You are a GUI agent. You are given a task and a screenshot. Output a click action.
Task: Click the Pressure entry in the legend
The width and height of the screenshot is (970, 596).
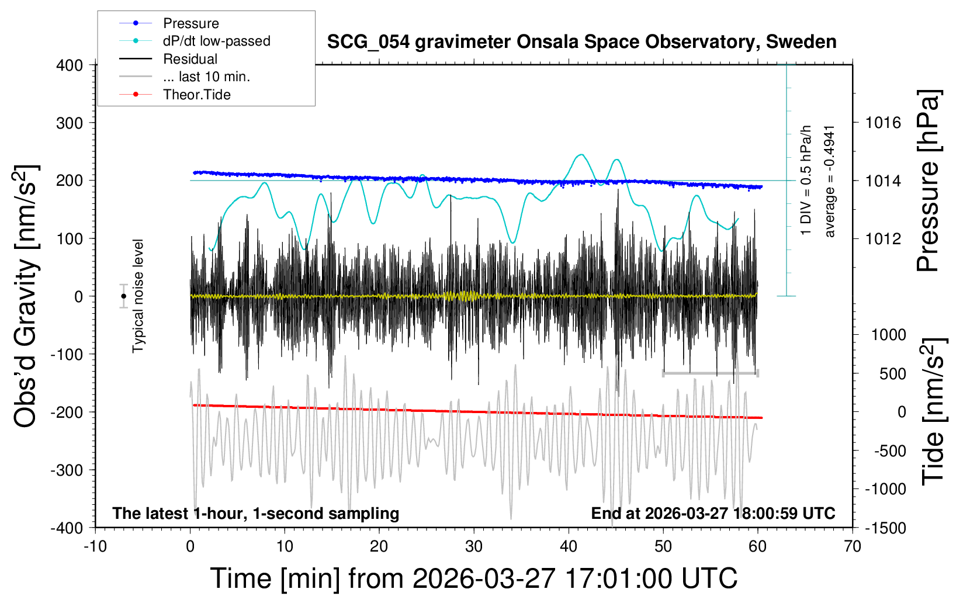pos(190,23)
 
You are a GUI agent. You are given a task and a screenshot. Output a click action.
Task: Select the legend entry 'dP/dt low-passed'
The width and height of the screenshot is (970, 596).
pos(216,41)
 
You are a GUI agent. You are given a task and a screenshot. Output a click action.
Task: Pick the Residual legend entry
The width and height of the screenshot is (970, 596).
pos(190,59)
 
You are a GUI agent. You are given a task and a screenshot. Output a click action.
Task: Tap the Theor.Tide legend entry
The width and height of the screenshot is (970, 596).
pos(196,95)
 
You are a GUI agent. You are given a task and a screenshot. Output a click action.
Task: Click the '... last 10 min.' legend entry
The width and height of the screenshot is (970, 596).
pos(206,77)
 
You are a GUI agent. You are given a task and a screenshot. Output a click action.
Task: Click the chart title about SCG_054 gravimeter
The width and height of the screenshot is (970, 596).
pos(581,42)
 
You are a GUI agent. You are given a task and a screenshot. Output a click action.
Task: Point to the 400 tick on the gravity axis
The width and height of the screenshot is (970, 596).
pos(70,65)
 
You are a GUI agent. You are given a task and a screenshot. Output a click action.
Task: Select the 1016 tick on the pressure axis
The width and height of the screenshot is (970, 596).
pos(883,123)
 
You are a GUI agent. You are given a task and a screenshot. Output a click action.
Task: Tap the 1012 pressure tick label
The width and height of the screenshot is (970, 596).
pos(883,238)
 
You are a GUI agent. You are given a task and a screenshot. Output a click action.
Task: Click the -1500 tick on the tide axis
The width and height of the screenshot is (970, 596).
pos(886,528)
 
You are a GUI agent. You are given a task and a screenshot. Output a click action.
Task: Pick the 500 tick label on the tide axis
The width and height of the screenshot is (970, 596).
pos(892,374)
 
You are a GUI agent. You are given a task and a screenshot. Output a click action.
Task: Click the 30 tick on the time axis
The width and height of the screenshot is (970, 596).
pos(474,547)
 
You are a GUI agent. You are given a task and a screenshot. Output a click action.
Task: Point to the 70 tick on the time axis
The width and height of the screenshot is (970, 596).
pos(853,547)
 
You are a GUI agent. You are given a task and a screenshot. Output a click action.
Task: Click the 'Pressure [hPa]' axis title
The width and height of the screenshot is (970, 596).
pos(928,181)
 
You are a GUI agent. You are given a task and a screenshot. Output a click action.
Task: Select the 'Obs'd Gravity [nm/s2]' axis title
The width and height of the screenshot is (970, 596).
pos(26,296)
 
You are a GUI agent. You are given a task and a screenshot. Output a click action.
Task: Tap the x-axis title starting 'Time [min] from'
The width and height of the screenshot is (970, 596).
pos(474,578)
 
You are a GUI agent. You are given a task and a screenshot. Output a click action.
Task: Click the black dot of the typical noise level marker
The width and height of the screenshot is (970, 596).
pos(123,296)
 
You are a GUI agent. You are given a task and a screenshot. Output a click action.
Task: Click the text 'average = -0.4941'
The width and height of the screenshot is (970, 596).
pos(830,181)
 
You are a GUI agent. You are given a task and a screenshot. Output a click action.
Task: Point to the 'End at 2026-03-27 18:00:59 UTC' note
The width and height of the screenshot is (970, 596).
pos(713,514)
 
